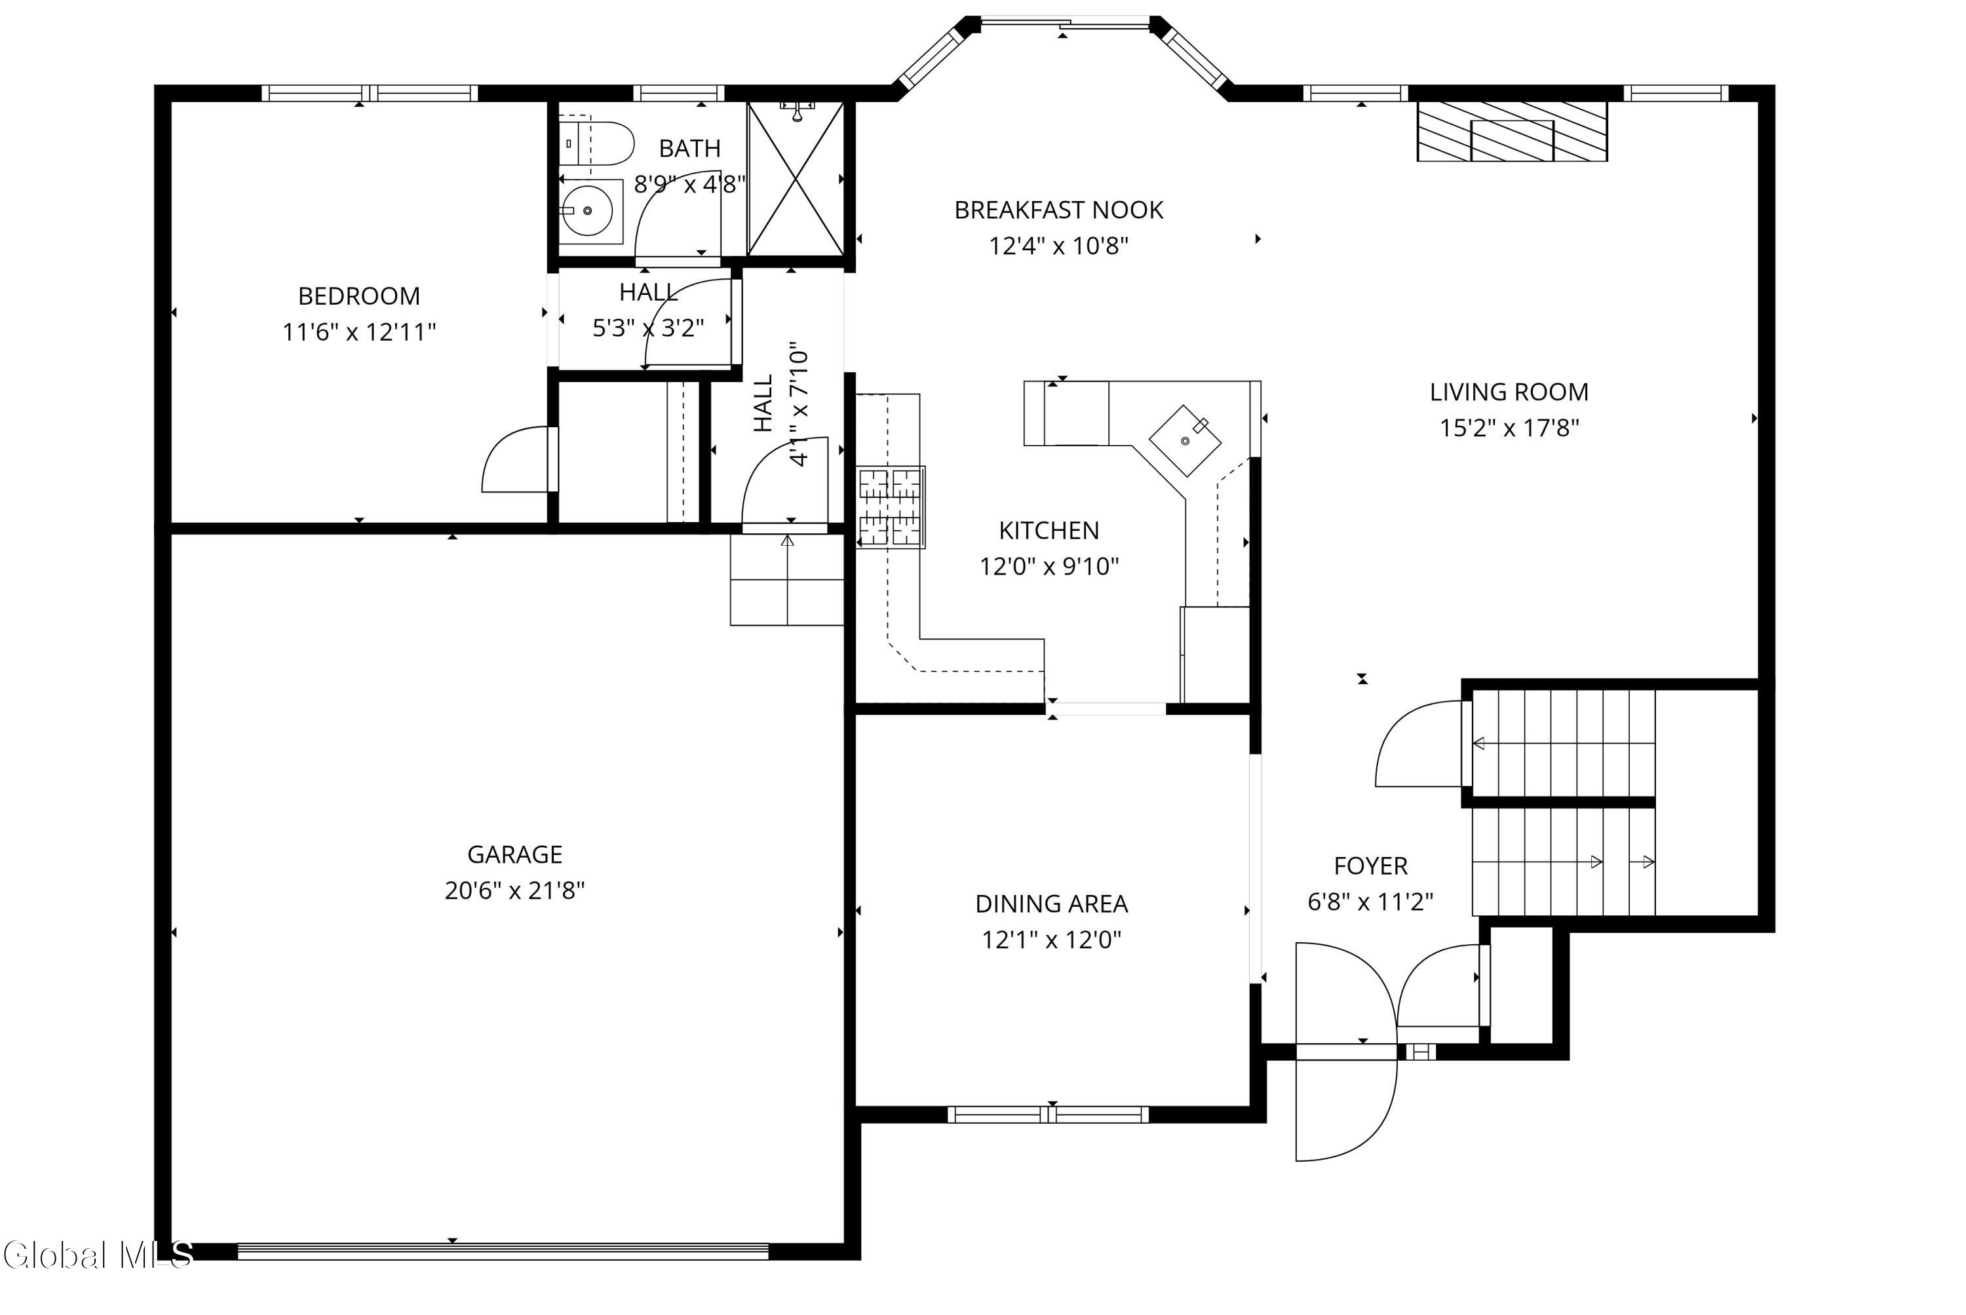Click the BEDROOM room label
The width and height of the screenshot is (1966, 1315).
[359, 296]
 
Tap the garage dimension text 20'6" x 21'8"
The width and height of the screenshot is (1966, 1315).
[514, 890]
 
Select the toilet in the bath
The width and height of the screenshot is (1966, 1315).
[596, 143]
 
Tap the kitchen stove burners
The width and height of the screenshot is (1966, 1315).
[891, 507]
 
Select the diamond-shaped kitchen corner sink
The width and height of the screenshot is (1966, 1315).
[1184, 440]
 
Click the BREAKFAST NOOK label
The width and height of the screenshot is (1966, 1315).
[1058, 210]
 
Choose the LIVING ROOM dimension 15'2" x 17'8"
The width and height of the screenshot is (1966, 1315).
[1509, 428]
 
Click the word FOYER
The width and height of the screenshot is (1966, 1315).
[1370, 866]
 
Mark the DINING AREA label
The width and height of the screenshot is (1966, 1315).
[1051, 904]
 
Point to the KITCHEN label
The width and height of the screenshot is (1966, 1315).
[1049, 530]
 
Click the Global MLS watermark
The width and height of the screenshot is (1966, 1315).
[97, 1255]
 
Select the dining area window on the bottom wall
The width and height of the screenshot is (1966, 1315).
[1049, 1115]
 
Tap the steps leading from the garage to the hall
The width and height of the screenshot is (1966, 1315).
[787, 579]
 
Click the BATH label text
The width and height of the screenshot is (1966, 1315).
[689, 149]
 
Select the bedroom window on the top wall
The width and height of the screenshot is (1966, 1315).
[370, 93]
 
